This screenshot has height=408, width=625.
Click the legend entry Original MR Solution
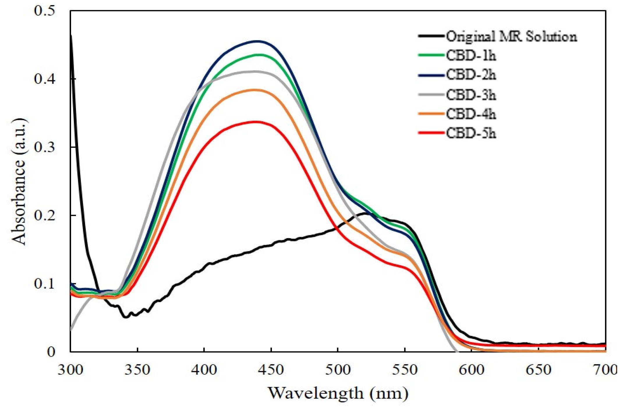(511, 37)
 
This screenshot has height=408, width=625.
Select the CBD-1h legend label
(471, 56)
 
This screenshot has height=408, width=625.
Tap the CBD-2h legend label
(471, 75)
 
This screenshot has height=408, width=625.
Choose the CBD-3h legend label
(471, 95)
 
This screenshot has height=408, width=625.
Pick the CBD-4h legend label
(471, 114)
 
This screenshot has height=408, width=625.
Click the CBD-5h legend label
(471, 133)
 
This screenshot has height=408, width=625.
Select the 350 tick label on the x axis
(137, 370)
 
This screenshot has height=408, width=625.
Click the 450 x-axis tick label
(271, 370)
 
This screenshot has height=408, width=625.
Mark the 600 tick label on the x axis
(472, 370)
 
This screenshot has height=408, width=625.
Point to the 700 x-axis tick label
(604, 370)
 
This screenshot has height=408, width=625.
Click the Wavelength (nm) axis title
(338, 393)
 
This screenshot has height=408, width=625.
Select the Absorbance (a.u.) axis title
(19, 182)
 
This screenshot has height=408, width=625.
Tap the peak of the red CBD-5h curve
(256, 122)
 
